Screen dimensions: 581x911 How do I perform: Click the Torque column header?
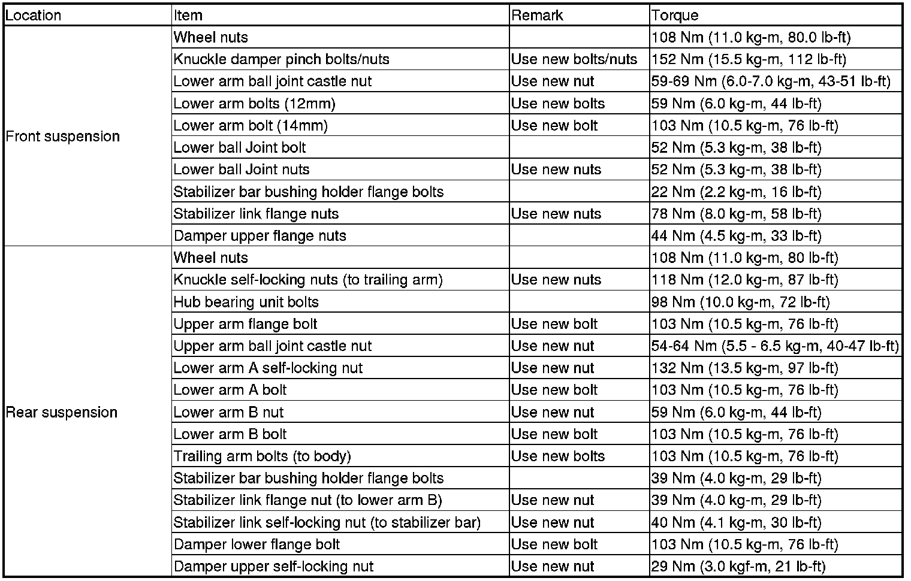(675, 15)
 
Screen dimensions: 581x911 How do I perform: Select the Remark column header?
(537, 15)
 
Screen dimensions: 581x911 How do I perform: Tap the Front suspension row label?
(63, 137)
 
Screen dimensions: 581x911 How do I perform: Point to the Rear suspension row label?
(62, 412)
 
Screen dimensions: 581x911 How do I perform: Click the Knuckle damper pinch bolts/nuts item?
(281, 59)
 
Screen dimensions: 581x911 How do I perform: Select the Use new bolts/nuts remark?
(574, 59)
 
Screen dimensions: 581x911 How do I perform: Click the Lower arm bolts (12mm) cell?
(254, 104)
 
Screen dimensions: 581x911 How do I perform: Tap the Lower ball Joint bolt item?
(240, 147)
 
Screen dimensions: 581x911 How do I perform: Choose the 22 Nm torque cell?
(736, 192)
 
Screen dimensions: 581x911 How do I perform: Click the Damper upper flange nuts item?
(260, 236)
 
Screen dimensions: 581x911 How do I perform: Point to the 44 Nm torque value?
(736, 236)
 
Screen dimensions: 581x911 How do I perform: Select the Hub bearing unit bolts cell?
(246, 302)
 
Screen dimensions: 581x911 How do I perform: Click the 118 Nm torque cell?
(744, 280)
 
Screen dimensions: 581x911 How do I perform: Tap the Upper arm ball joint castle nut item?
(272, 346)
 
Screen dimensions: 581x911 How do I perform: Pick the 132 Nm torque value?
(744, 368)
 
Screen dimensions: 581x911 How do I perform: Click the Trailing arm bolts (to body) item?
(262, 456)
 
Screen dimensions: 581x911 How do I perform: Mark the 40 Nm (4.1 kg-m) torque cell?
(736, 522)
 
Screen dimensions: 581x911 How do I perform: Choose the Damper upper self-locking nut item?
(273, 567)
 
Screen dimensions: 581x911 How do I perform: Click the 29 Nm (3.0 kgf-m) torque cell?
(738, 567)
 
